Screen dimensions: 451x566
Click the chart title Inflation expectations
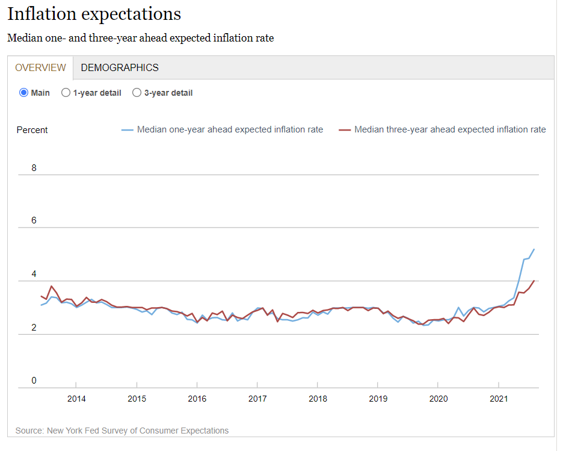(94, 14)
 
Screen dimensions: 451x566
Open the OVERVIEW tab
(40, 67)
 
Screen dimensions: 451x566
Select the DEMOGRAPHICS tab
(120, 67)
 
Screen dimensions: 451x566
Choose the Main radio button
(24, 93)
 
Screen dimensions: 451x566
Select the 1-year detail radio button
(66, 93)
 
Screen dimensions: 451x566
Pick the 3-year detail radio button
(137, 93)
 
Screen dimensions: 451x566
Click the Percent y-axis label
(32, 130)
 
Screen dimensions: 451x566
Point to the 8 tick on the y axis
(34, 168)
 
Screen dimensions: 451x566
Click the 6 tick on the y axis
(34, 220)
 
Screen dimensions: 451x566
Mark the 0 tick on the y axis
(34, 381)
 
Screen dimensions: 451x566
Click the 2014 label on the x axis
(76, 399)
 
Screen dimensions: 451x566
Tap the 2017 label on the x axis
(257, 399)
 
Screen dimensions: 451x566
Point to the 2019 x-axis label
(378, 399)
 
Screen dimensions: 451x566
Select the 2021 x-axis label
(499, 399)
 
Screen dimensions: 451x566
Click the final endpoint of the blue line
(534, 249)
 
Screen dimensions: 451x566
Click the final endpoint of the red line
(534, 281)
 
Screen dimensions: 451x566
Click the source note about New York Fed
(122, 431)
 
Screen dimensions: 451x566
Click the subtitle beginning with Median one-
(140, 38)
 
